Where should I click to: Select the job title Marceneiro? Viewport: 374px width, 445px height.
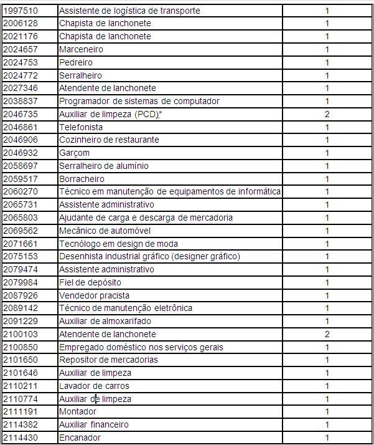click(81, 49)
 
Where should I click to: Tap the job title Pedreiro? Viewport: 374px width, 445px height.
click(76, 62)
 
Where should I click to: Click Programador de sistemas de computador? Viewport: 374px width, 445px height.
click(139, 101)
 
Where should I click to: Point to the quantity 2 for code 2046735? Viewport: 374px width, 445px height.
click(327, 114)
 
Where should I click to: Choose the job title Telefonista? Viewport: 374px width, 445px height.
click(81, 127)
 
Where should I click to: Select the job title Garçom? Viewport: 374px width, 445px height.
click(75, 153)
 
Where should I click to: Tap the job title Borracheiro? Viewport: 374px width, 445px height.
click(82, 179)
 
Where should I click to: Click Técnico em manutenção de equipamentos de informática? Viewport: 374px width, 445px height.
click(170, 191)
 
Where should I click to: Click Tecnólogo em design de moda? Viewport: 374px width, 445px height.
click(118, 244)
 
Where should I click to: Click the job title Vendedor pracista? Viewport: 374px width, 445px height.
click(95, 295)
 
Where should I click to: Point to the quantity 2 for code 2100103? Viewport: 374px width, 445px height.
click(327, 334)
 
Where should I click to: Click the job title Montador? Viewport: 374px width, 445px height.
click(78, 411)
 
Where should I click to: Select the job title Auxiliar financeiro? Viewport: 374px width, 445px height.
click(94, 424)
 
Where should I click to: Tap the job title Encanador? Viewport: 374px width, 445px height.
click(80, 438)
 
